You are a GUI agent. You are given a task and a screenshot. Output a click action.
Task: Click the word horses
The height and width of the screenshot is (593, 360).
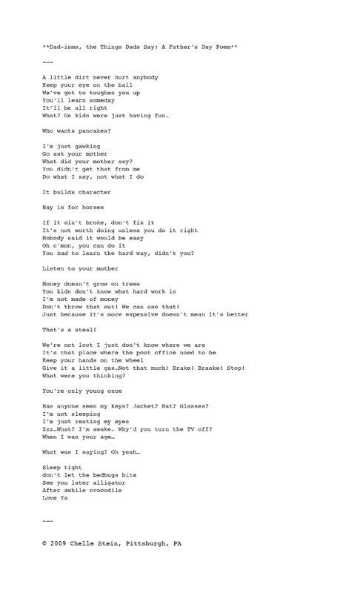click(x=84, y=208)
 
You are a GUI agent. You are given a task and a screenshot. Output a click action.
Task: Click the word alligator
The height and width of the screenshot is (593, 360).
click(x=113, y=483)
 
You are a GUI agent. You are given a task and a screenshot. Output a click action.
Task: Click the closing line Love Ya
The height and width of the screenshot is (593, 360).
click(x=56, y=498)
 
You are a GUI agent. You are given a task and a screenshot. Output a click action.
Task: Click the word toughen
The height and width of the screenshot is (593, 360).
click(x=98, y=93)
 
